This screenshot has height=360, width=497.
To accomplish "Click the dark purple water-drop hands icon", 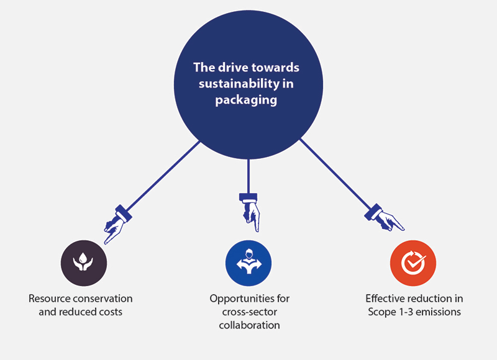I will (x=83, y=263).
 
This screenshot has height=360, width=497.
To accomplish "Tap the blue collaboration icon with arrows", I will (x=248, y=263).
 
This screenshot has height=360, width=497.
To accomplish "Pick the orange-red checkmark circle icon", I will (x=413, y=263).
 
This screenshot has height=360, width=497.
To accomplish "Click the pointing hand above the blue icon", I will (x=249, y=211).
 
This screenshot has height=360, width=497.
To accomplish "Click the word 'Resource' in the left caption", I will (x=49, y=299).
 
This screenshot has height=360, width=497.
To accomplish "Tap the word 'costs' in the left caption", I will (x=109, y=312).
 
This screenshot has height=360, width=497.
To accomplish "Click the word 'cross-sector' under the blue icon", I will (x=249, y=312).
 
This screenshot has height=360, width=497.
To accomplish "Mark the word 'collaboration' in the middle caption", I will (x=249, y=325).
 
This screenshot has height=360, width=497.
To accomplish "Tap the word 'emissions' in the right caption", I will (x=439, y=312).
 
